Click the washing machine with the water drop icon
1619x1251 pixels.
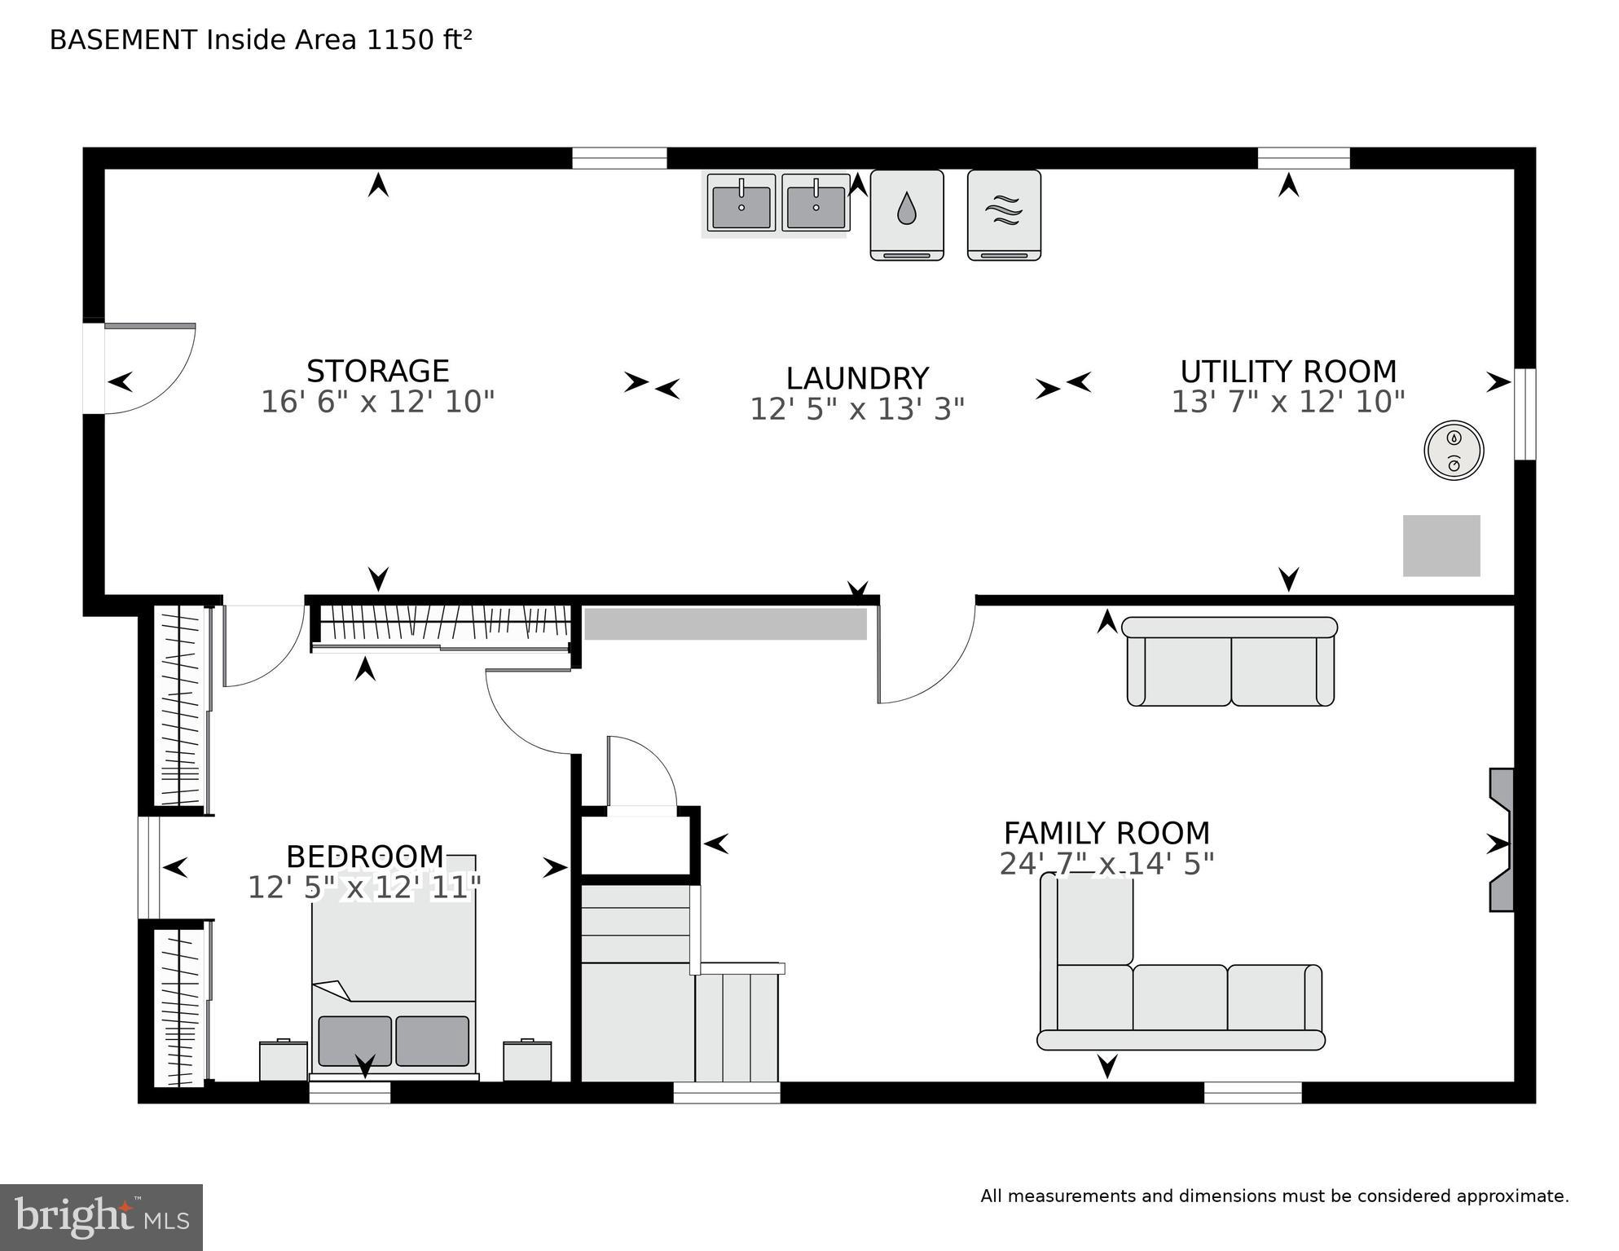point(907,214)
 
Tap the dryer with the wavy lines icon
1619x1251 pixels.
point(1004,214)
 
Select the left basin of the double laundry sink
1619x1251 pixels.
point(741,204)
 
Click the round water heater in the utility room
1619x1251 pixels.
point(1454,450)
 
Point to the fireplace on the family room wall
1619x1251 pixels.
point(1502,840)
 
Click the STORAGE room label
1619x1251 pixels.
point(377,372)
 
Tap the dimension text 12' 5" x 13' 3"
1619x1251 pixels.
point(856,409)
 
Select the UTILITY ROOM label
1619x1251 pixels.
point(1288,372)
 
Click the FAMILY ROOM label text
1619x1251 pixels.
point(1106,834)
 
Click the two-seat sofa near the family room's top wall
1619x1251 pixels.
point(1230,662)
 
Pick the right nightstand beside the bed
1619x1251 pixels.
point(527,1060)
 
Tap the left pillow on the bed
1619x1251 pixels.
point(354,1041)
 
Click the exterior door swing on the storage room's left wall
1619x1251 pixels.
point(147,371)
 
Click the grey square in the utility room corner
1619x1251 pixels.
point(1441,545)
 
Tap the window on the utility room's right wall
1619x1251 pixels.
point(1524,414)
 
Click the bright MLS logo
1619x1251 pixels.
point(101,1217)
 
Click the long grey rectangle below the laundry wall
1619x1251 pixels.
point(725,624)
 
